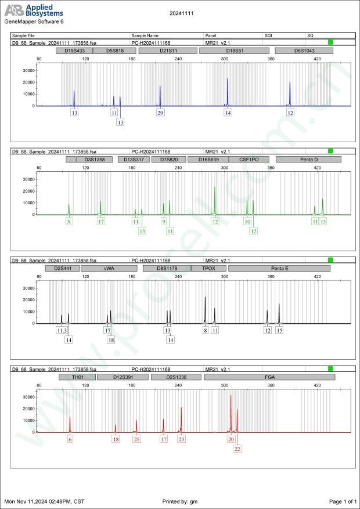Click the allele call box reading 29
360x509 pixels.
click(x=160, y=113)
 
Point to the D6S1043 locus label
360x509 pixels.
click(x=304, y=51)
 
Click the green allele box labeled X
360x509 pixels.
click(x=69, y=221)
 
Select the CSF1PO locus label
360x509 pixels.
click(x=249, y=159)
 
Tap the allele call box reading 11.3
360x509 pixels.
click(x=62, y=330)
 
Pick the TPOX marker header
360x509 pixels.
click(x=209, y=269)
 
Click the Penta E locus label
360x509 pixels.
click(x=279, y=269)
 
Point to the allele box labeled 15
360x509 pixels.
click(x=279, y=330)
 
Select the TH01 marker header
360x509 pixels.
click(x=77, y=377)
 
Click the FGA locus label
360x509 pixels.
click(x=269, y=377)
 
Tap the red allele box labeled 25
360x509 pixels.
click(x=136, y=439)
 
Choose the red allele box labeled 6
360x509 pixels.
click(x=70, y=439)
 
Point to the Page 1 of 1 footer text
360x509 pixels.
click(x=342, y=501)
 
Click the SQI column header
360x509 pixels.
click(x=268, y=35)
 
